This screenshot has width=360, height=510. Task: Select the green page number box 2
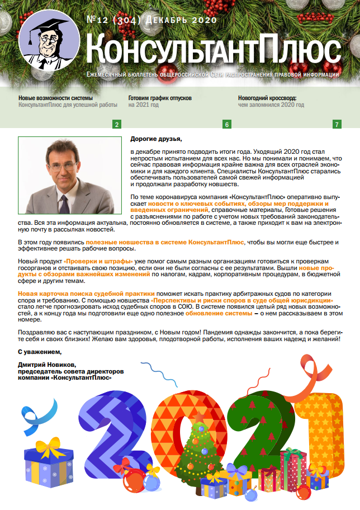pos(116,124)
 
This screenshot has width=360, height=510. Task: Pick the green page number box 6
pos(227,124)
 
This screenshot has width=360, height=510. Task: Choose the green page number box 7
pos(337,124)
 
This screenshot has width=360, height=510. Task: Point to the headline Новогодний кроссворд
pos(271,97)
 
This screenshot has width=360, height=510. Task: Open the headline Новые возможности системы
pos(55,97)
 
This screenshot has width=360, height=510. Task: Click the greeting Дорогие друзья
pos(156,139)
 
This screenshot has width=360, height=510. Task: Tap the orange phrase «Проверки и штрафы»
pos(98,262)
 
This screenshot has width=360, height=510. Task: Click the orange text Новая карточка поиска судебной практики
pos(86,294)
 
